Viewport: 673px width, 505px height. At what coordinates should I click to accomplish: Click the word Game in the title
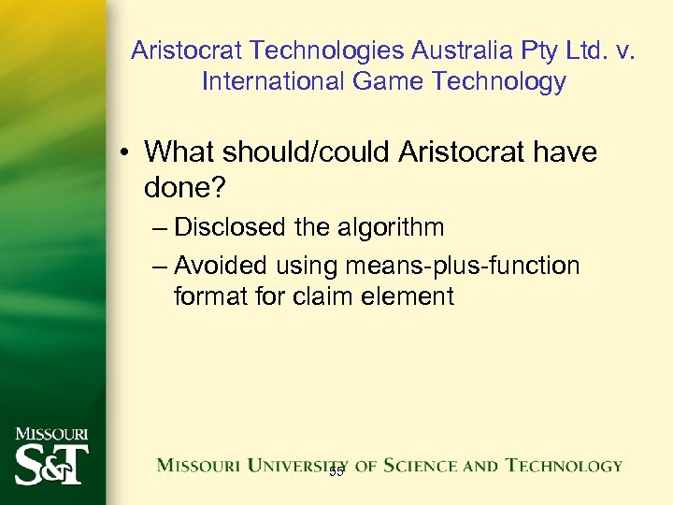tap(388, 81)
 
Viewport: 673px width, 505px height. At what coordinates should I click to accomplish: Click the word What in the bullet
tap(179, 151)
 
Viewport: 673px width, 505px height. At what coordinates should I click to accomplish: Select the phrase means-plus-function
tap(463, 266)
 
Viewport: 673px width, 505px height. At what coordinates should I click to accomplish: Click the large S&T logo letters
tap(51, 465)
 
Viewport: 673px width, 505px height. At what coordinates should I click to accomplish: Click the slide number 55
tap(336, 472)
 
